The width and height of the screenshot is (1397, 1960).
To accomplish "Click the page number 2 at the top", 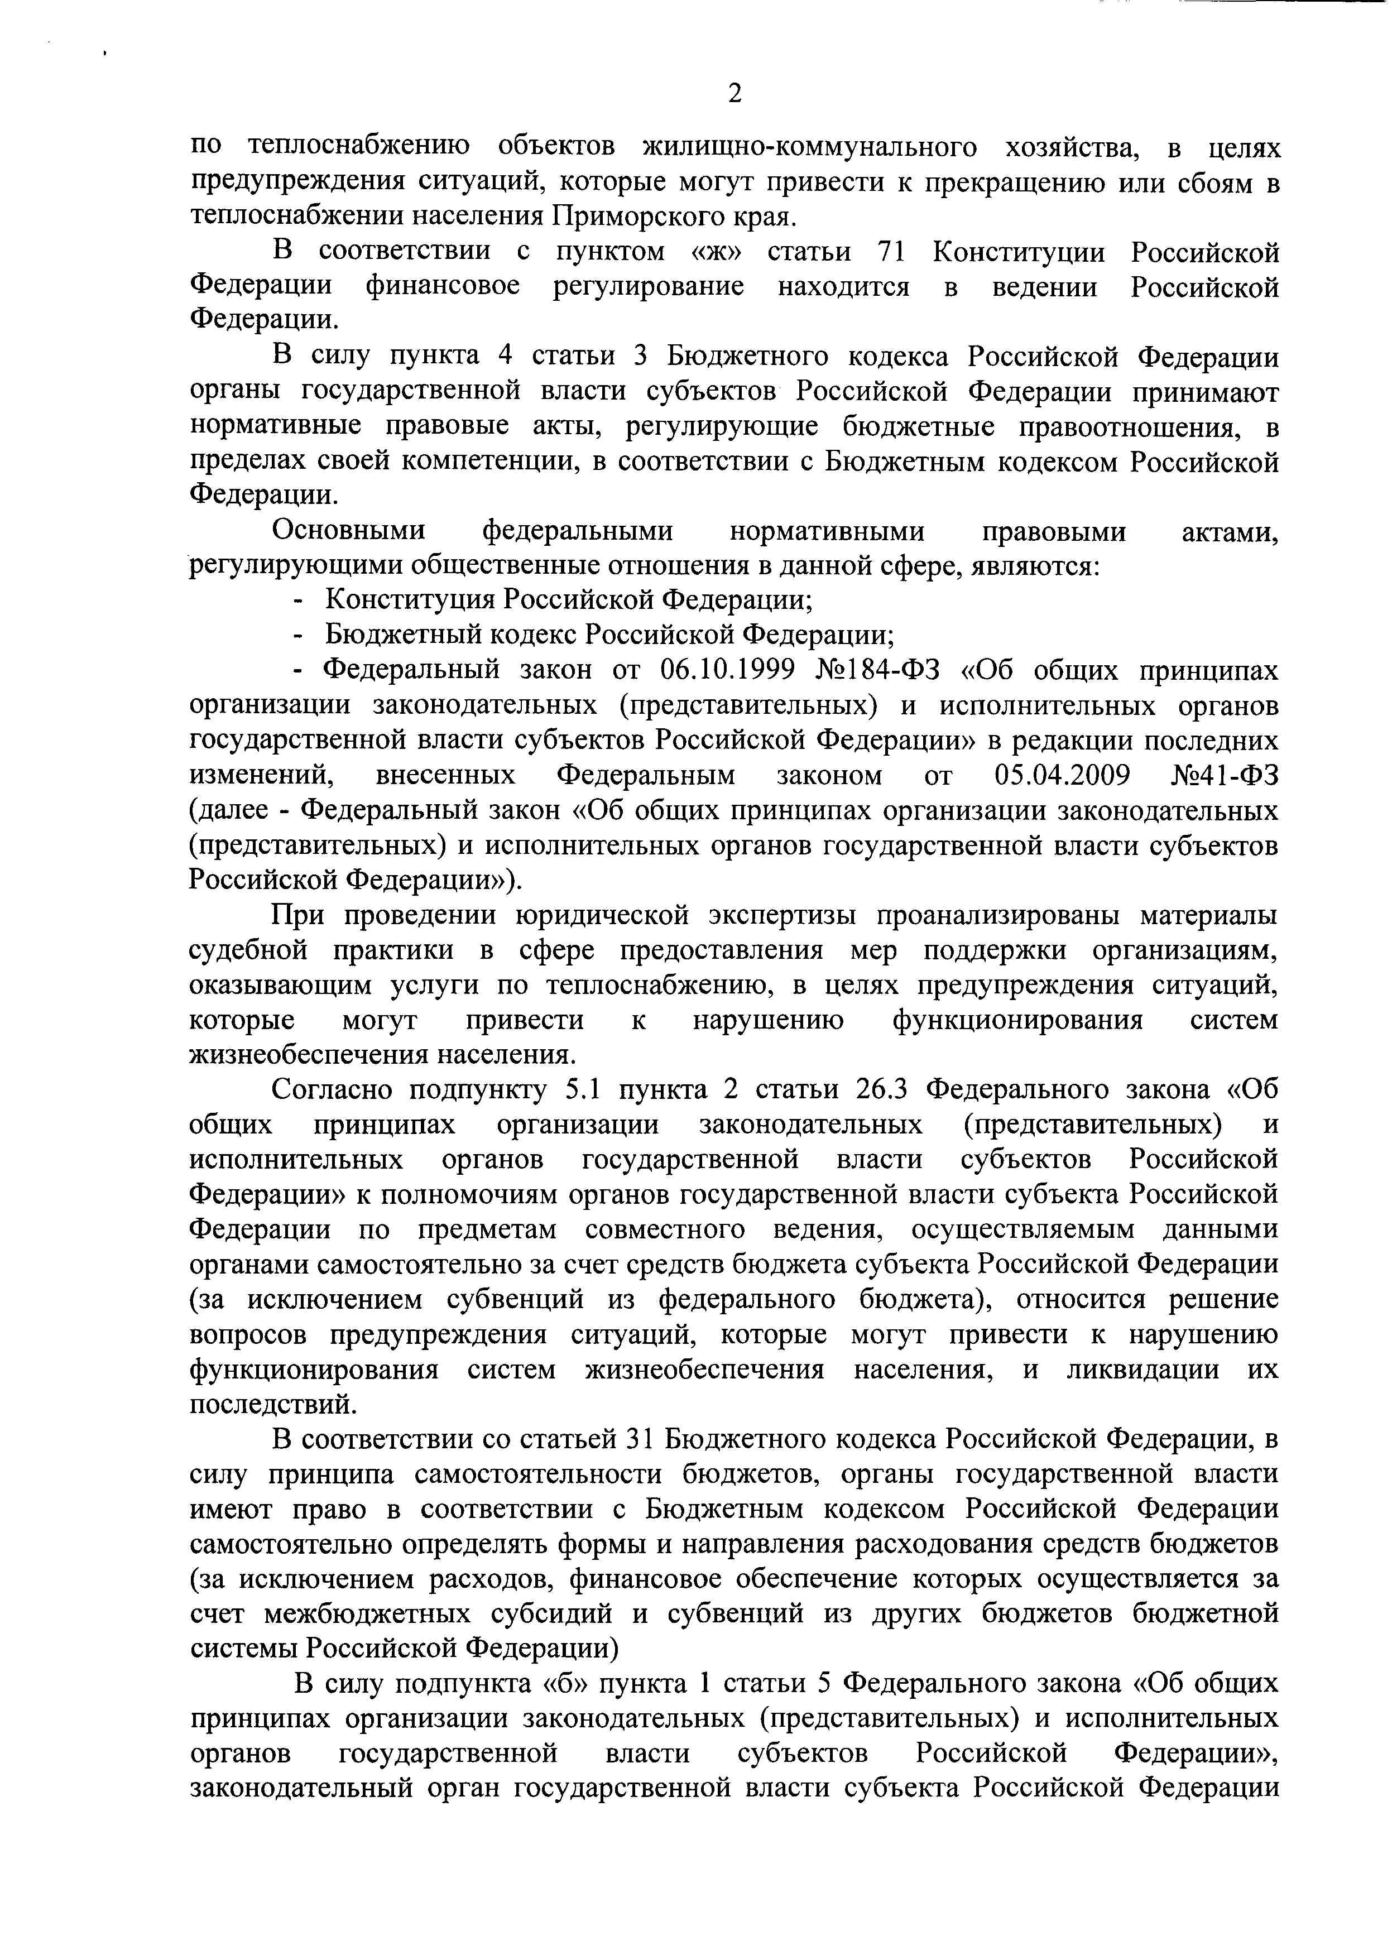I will pos(734,93).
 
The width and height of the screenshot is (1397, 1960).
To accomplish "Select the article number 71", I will pos(895,252).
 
